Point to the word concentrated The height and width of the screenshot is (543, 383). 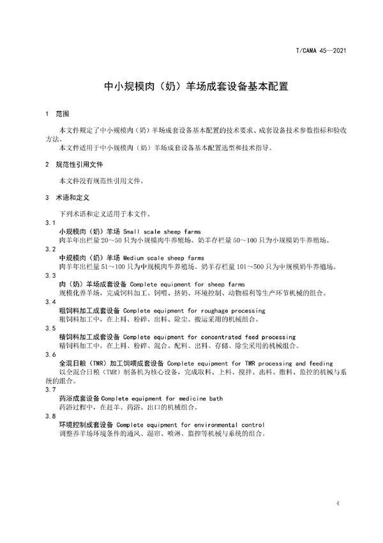[x=220, y=336]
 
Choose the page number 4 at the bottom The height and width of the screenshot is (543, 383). [x=336, y=504]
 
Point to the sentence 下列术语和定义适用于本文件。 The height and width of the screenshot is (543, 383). [x=105, y=213]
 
